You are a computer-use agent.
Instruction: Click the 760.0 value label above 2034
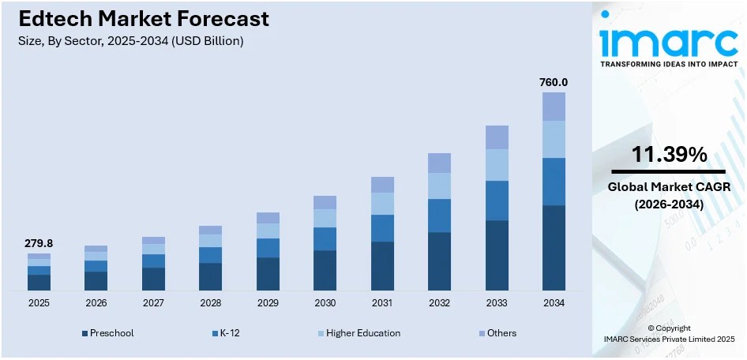tap(554, 82)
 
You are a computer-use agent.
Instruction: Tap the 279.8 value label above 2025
tap(39, 243)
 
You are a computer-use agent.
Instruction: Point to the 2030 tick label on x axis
tap(325, 303)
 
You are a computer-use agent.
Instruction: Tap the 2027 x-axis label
tap(153, 303)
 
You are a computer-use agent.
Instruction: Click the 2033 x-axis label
tap(497, 303)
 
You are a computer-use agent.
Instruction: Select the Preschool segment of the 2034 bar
tap(554, 247)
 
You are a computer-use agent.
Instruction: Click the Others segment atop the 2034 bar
tap(554, 107)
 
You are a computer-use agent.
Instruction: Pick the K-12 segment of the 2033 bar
tap(497, 201)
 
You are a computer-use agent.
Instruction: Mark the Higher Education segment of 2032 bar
tap(439, 186)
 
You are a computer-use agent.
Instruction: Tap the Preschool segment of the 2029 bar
tap(268, 274)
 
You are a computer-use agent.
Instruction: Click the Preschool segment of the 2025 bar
tap(39, 283)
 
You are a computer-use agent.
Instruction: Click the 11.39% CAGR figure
tap(670, 156)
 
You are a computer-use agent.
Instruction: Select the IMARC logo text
tap(670, 41)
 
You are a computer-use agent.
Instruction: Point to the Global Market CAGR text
tap(670, 187)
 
